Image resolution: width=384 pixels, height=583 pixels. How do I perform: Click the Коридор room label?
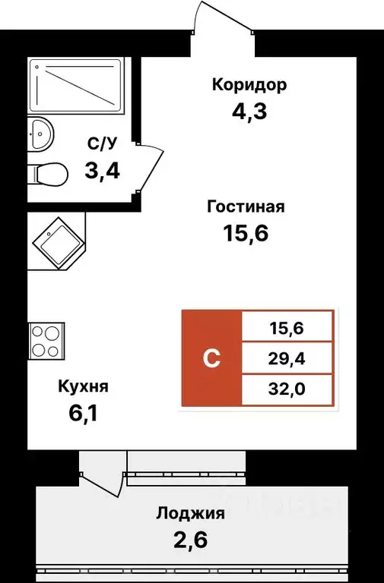[x=249, y=85]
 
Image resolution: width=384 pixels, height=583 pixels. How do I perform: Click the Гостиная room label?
[x=245, y=206]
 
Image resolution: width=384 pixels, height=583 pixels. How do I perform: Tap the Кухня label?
[x=84, y=386]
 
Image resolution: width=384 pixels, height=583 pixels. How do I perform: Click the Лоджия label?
[x=190, y=513]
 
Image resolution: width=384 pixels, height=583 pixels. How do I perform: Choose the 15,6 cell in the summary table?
[x=287, y=328]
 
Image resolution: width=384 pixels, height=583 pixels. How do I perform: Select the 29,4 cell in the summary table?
[x=287, y=358]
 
